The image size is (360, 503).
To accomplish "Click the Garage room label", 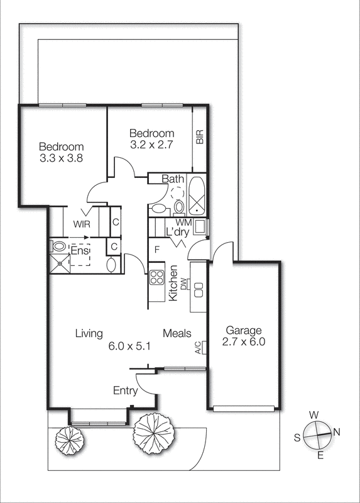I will tap(244, 331).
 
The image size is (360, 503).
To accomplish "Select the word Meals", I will tap(177, 333).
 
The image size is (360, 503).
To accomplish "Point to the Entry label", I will tap(125, 391).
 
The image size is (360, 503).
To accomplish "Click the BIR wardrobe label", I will tap(200, 138).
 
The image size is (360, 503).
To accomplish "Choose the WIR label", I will tap(81, 224).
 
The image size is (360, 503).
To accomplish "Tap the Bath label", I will tap(173, 179).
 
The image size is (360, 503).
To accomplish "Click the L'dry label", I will tap(177, 232).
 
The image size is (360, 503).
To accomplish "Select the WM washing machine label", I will tap(183, 222).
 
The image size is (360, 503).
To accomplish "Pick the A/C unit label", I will tap(197, 348).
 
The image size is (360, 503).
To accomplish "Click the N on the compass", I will tap(336, 431).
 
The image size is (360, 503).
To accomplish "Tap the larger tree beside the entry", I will tap(153, 433).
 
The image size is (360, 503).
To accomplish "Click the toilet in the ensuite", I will tap(60, 246).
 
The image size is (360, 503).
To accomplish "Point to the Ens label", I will tap(79, 251).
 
